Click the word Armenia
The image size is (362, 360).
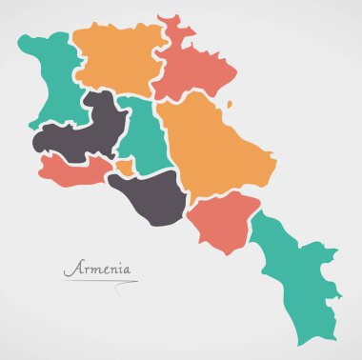98,269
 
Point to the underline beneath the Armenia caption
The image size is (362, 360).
100,281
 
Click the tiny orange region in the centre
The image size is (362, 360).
125,169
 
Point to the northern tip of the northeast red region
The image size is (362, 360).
170,16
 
